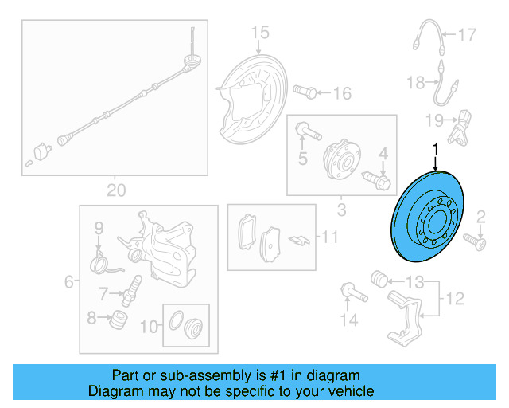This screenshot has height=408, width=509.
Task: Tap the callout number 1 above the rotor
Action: coord(435,149)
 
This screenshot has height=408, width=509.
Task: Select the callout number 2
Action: coord(480,216)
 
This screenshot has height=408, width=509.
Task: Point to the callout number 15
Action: coord(261,33)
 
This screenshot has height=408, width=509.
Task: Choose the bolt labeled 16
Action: coord(304,92)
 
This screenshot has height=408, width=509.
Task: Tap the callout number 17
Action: coord(466,35)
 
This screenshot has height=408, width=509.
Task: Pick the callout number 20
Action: coord(116,190)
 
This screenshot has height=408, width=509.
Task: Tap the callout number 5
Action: coord(302,159)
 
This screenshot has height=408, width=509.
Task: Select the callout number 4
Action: coord(383,152)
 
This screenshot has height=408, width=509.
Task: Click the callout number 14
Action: coord(344,320)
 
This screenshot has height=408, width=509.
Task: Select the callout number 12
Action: coord(453,299)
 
